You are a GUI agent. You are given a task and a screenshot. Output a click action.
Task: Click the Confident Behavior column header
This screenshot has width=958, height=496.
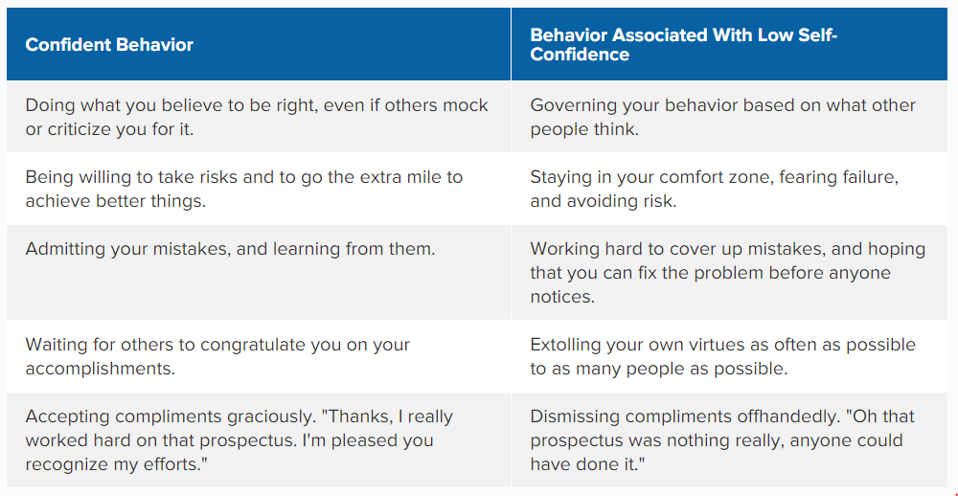(109, 45)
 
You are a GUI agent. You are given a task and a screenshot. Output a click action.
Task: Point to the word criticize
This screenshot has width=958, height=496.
(77, 129)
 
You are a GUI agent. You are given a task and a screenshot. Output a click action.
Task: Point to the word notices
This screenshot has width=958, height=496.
(559, 298)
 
